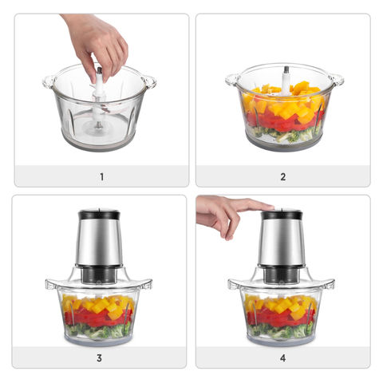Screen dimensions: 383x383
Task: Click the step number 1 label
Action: coord(101,176)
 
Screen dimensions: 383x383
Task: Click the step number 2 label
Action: coord(282,176)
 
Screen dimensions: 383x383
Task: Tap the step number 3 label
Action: coord(99,357)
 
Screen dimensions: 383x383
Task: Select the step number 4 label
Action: coord(282,357)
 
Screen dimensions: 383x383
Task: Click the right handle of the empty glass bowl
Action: coord(149,81)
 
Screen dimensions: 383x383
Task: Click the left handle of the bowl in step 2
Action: coord(232,80)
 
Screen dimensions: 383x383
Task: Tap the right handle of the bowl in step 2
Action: coord(336,80)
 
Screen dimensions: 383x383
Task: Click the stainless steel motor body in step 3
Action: coord(99,243)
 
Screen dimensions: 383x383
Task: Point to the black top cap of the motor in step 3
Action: coord(99,215)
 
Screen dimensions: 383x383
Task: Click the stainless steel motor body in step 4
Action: coord(281,243)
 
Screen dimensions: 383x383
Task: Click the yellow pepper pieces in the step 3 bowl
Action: coord(100,305)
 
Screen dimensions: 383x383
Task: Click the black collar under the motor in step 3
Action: coord(99,274)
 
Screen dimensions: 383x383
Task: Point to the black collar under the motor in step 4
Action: coord(281,274)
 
